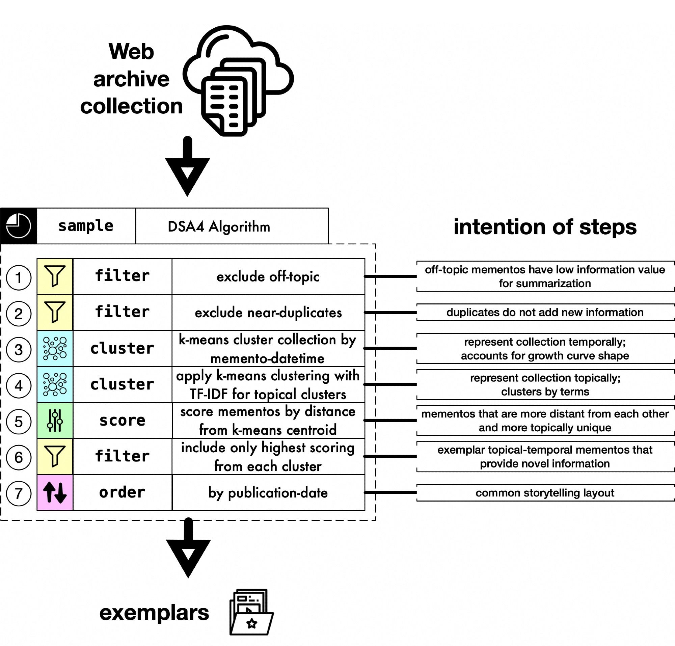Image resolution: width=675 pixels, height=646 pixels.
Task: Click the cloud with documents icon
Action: click(x=238, y=81)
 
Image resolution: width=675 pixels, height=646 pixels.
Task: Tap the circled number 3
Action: click(x=19, y=350)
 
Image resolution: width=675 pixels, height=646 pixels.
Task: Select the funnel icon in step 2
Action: click(x=55, y=312)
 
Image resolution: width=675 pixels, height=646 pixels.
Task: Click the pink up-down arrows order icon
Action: click(x=55, y=492)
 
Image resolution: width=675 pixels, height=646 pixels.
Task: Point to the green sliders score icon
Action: click(x=55, y=421)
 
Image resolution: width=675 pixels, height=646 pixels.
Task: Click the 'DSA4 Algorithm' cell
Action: click(x=219, y=226)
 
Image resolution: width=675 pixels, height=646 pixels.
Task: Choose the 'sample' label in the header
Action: click(x=86, y=226)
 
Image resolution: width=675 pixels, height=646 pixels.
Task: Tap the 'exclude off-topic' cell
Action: click(x=268, y=276)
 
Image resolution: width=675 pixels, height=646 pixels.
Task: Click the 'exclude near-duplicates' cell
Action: click(x=268, y=312)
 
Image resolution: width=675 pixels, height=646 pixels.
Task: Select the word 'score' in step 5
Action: click(x=122, y=421)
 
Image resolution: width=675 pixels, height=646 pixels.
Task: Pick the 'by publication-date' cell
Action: click(x=268, y=493)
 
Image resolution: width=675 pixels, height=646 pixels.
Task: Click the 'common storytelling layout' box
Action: click(x=545, y=493)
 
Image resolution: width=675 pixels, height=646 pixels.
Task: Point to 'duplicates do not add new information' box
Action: click(x=545, y=312)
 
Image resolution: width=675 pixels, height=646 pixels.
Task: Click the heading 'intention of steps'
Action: click(x=545, y=227)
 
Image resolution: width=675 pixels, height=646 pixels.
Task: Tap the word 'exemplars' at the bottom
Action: click(x=154, y=613)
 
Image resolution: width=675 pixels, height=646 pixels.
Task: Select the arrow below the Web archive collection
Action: click(x=187, y=167)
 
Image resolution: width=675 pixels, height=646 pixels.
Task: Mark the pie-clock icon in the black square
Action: click(x=19, y=226)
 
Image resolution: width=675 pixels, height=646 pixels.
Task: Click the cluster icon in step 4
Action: click(x=55, y=384)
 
